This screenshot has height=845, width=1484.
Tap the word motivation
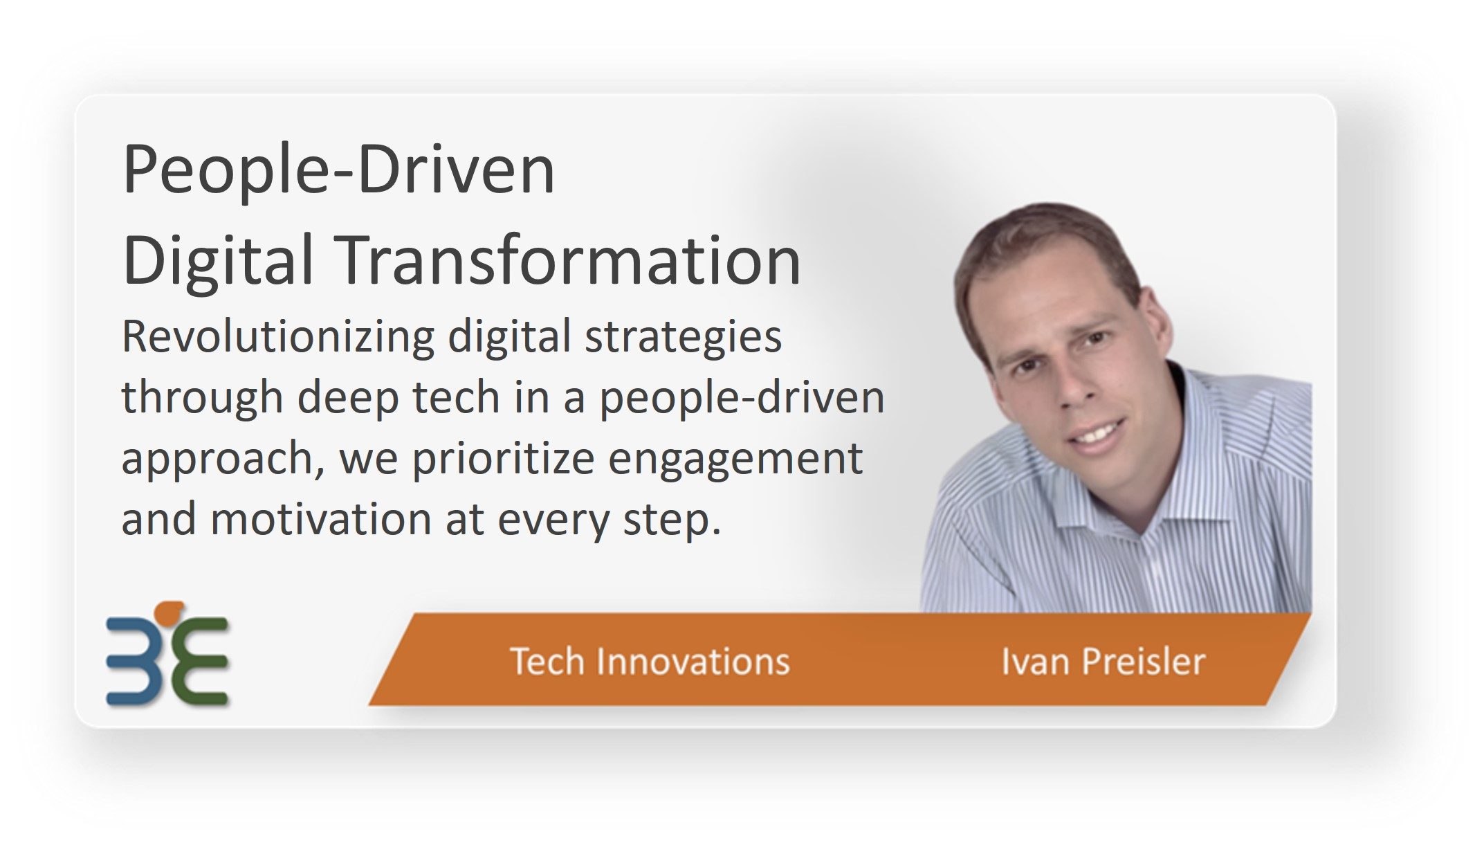coord(321,519)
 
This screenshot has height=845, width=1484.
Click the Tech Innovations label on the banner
coord(650,661)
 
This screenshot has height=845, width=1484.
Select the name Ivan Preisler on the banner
coord(1103,661)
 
